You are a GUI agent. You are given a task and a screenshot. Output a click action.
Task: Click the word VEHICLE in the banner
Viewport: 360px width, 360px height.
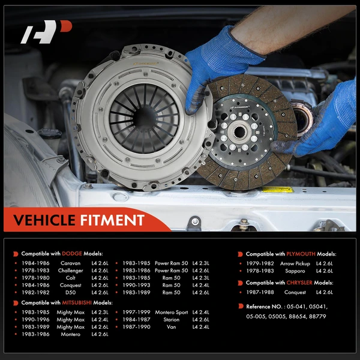tap(49, 220)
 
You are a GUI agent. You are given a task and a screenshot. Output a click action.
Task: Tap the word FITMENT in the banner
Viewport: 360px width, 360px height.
tap(114, 220)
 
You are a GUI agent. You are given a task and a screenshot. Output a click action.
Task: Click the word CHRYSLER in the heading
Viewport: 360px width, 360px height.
tap(298, 283)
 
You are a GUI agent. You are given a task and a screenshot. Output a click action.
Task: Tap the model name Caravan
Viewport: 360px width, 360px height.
tap(70, 263)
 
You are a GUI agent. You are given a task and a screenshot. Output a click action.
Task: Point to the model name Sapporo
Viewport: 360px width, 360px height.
tap(295, 271)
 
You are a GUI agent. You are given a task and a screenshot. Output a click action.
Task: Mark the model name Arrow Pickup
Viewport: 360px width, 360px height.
tap(295, 263)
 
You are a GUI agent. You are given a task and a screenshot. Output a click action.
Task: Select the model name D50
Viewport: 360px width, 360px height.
tap(70, 292)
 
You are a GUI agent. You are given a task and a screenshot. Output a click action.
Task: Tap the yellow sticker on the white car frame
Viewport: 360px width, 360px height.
tap(277, 190)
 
